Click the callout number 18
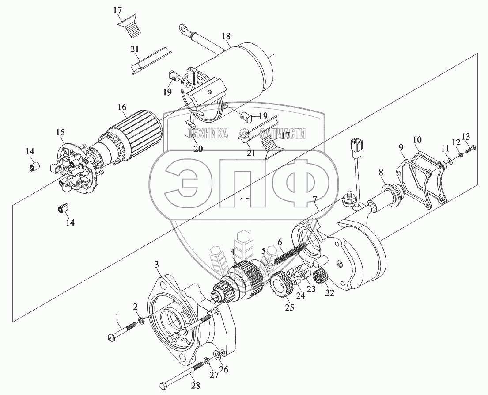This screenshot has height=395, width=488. [226, 36]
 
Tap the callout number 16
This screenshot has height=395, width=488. [122, 107]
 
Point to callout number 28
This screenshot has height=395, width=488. [196, 385]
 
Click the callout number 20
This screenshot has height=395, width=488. [198, 149]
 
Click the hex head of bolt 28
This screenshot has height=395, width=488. [163, 385]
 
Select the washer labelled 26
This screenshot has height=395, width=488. [216, 355]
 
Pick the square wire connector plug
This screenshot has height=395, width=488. [355, 144]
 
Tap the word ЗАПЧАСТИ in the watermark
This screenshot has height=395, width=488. [282, 134]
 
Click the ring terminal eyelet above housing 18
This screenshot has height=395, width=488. [184, 29]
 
